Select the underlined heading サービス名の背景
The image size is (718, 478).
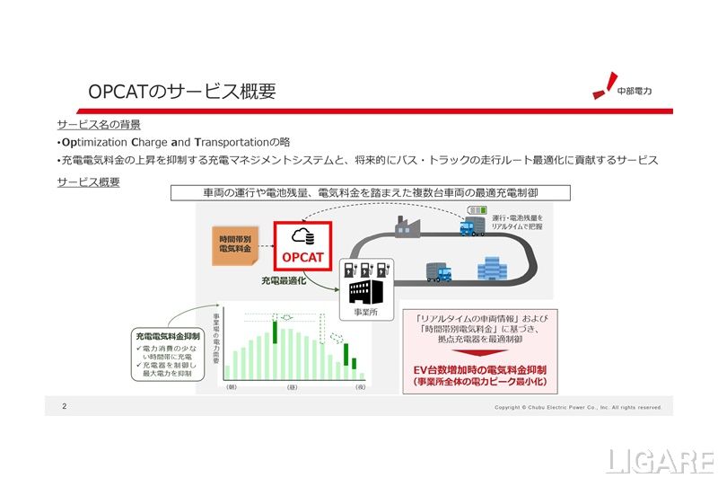(98, 124)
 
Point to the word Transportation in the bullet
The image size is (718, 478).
(230, 142)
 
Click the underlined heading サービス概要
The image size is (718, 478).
(88, 181)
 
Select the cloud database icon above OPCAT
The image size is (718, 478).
(302, 235)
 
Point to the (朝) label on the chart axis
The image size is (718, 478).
(231, 387)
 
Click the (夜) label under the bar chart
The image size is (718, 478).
(360, 387)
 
